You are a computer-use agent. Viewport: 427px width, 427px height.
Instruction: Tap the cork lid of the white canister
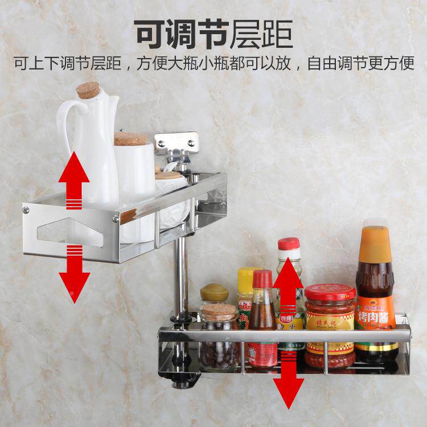pos(130,139)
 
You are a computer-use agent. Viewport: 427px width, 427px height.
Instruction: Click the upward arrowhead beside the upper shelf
pos(75,165)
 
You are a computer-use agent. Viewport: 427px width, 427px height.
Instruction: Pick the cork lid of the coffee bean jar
pos(219,311)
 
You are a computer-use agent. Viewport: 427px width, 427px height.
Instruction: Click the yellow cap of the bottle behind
pos(248,276)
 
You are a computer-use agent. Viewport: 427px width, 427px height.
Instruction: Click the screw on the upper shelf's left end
pos(26,211)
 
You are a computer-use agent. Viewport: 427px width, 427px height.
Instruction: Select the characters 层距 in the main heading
pos(261,34)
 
